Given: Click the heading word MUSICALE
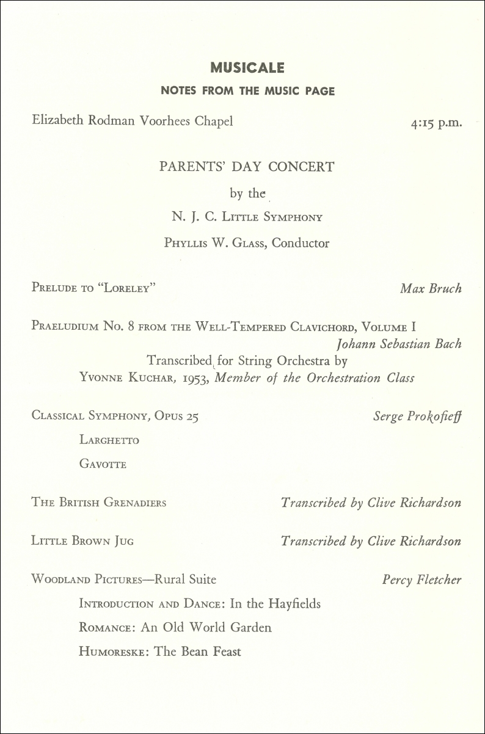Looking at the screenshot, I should [x=247, y=68].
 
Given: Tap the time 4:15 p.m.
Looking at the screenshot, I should [x=436, y=122].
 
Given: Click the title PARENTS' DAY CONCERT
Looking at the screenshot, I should [x=247, y=167].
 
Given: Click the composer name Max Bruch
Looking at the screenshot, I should [x=431, y=288].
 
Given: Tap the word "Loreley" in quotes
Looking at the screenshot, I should [x=130, y=288].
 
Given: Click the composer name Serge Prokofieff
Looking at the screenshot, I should [x=417, y=416].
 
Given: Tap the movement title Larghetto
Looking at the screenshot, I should [x=109, y=440].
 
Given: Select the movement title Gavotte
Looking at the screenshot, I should [x=103, y=465].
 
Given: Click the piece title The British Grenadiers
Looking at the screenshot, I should [x=99, y=503].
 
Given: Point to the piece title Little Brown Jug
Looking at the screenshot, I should [x=82, y=541].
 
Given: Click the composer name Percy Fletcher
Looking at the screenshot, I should [x=421, y=580].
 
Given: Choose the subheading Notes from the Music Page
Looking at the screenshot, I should [x=247, y=92].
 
